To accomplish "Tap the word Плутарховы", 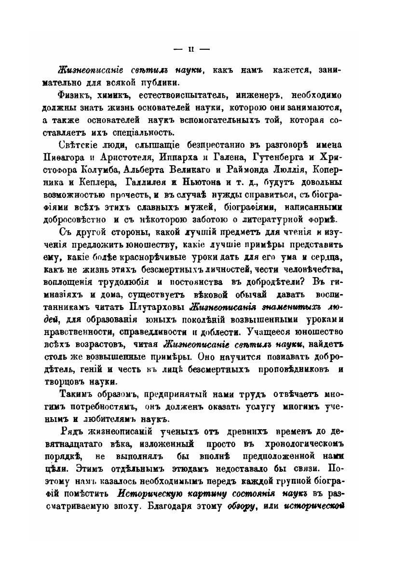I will click(162, 308).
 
